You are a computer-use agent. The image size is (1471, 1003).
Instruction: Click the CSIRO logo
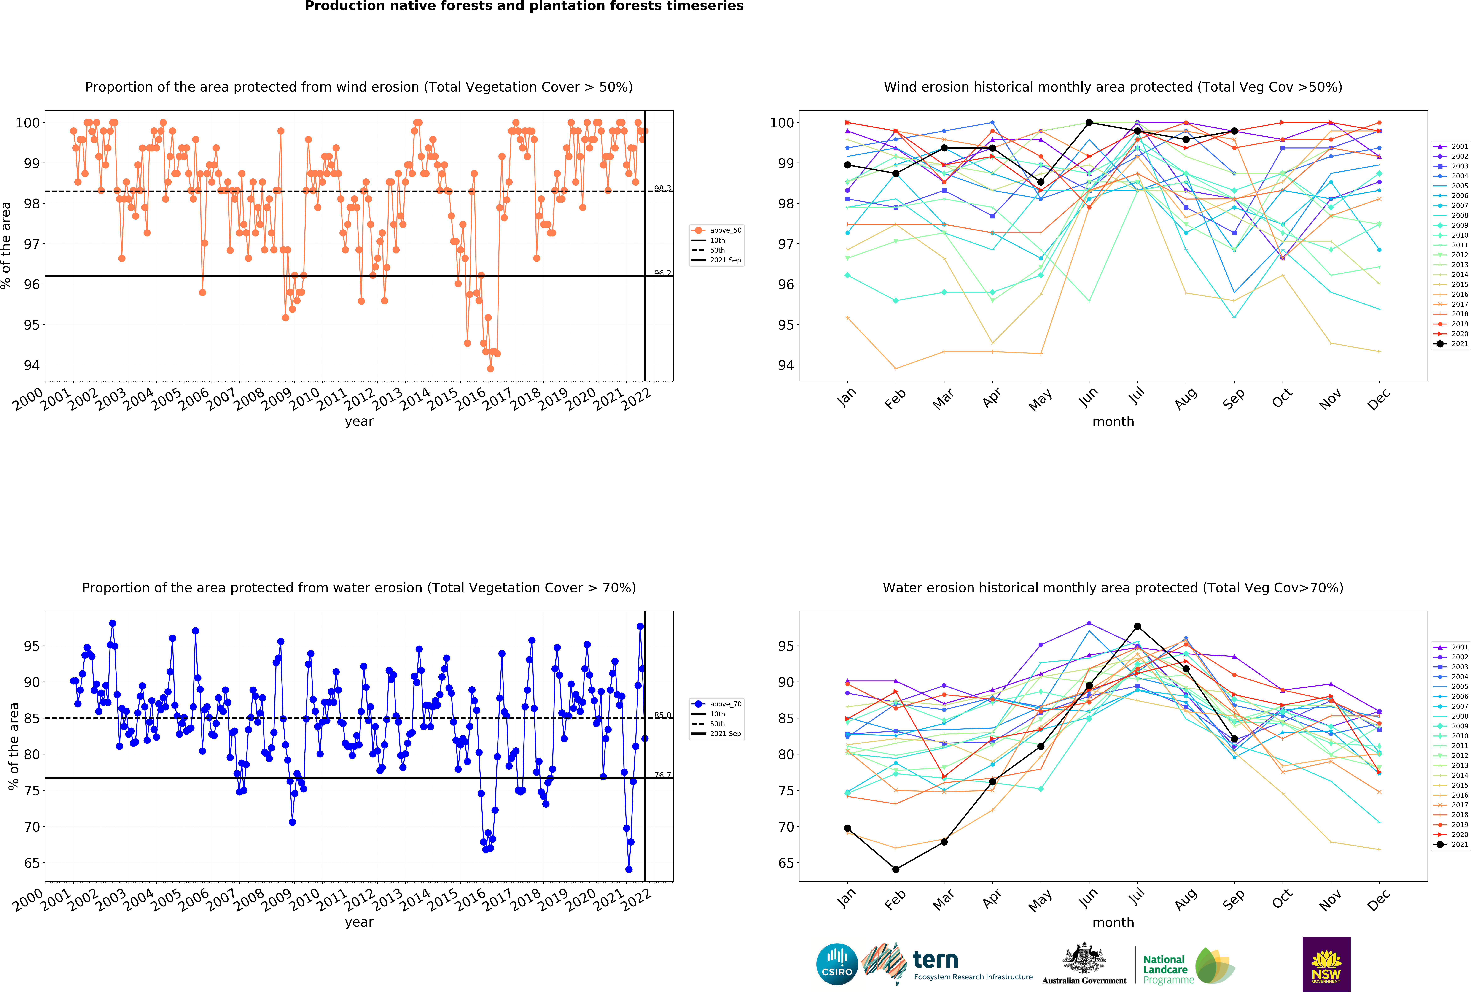pos(837,964)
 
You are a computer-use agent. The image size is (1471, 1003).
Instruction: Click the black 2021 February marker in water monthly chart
pos(896,869)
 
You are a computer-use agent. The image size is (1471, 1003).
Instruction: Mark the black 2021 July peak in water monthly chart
pos(1138,626)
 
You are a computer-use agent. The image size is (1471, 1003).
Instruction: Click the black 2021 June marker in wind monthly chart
pos(1089,123)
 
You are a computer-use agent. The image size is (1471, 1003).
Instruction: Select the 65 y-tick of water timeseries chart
pos(32,863)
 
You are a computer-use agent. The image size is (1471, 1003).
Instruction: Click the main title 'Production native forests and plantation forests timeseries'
pos(524,6)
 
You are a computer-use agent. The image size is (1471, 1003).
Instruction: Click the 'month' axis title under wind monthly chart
pos(1113,422)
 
